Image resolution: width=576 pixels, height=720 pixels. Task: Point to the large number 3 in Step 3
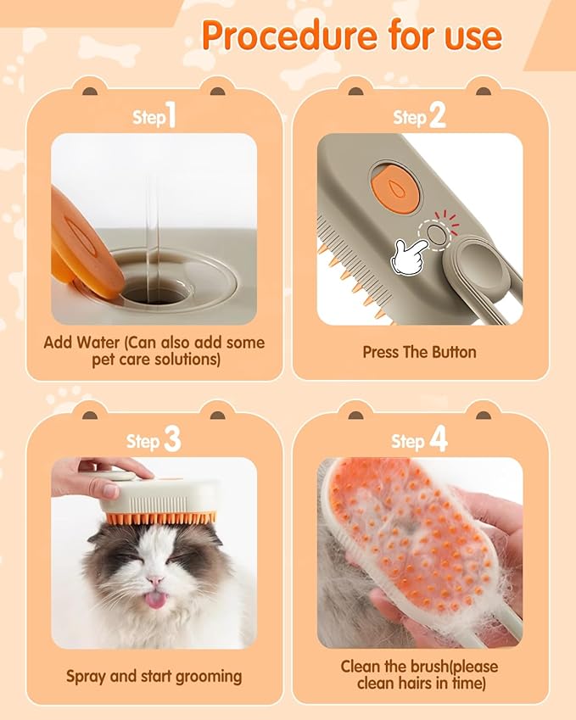coord(172,439)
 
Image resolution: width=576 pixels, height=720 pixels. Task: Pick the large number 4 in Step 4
coord(438,439)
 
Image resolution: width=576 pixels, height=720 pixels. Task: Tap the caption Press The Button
coord(419,351)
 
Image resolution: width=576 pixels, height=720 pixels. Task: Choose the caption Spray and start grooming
coord(154,676)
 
